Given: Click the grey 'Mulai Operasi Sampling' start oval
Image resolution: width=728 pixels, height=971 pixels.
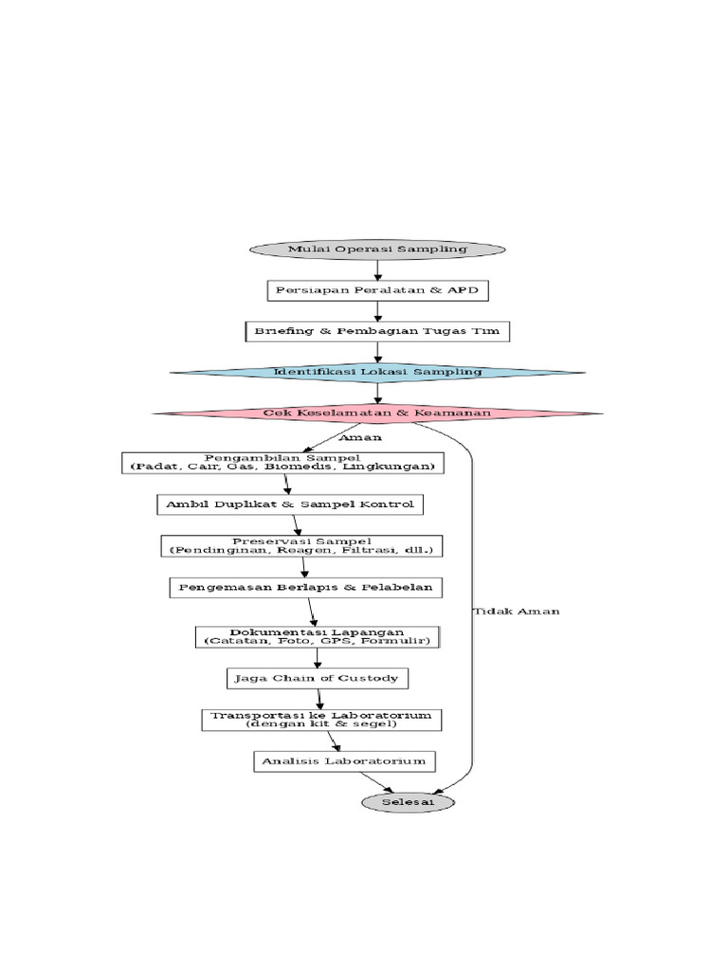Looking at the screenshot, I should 377,248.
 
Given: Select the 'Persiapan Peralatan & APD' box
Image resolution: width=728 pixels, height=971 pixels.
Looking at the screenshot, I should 377,289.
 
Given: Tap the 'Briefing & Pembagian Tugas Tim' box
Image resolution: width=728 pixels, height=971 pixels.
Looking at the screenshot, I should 377,331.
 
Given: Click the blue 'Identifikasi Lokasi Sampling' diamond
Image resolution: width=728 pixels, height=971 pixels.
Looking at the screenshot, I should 377,372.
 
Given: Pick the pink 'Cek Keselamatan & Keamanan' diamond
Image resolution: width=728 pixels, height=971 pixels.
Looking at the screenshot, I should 377,413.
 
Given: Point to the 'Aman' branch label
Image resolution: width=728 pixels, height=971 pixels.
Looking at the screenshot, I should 360,438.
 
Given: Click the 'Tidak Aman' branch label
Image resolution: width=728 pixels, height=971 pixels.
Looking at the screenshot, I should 516,612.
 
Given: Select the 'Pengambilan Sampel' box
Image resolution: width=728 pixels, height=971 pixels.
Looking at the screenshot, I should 283,463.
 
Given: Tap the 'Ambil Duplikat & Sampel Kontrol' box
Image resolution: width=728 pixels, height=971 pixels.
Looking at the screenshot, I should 289,504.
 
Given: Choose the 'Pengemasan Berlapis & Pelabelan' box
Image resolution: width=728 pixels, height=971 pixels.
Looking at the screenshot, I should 304,587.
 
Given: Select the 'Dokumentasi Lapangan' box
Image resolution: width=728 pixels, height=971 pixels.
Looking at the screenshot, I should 317,636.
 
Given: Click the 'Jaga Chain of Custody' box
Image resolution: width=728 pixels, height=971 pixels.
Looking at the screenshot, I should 318,678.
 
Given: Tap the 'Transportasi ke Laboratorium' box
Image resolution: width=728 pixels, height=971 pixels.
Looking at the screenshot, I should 321,720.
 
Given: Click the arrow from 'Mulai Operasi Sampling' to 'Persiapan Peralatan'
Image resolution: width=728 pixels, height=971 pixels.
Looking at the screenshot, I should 377,269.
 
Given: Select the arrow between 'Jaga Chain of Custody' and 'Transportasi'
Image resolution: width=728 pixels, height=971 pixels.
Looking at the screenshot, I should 320,699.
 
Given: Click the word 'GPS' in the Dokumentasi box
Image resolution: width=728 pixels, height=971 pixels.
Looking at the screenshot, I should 351,642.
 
